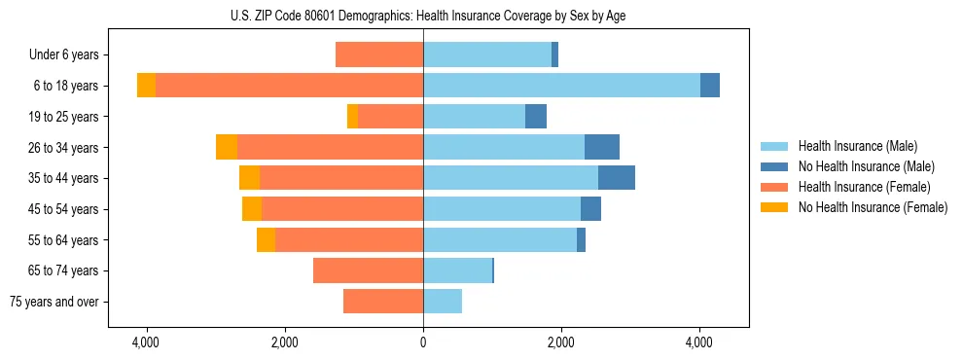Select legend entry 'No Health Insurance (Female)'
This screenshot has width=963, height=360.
[873, 207]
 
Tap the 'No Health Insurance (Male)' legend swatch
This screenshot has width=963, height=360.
[775, 166]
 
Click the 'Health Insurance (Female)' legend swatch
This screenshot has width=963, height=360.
[775, 187]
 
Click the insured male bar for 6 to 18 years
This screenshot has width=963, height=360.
[561, 86]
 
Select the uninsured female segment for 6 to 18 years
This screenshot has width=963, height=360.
[146, 86]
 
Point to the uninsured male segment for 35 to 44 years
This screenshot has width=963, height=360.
[617, 178]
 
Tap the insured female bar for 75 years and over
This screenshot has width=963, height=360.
[383, 302]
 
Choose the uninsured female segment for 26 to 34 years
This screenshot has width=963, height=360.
[227, 147]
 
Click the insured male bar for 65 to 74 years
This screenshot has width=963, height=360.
[457, 270]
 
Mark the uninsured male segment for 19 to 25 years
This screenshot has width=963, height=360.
[536, 117]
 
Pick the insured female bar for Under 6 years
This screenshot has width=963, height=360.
[379, 55]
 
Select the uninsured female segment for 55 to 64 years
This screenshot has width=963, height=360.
[266, 240]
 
